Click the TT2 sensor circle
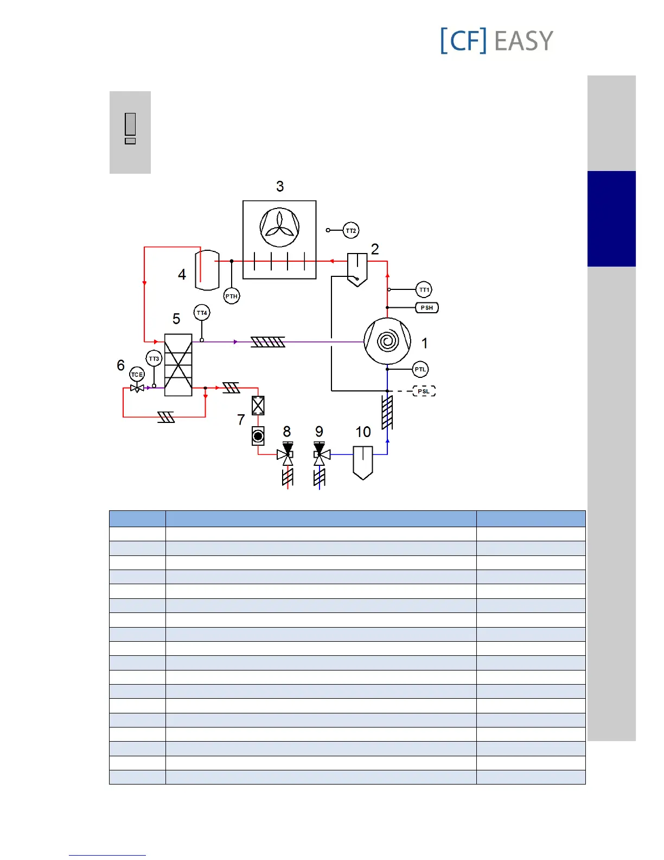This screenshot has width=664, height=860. [x=351, y=231]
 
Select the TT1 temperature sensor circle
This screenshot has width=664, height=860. [x=424, y=290]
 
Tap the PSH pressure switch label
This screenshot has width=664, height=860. [x=427, y=308]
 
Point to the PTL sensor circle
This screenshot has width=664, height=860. [x=420, y=370]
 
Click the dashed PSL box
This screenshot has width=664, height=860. [x=424, y=391]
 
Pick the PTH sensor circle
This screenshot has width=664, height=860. [x=232, y=296]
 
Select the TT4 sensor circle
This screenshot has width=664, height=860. [x=202, y=313]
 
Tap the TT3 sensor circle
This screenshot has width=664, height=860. [x=154, y=359]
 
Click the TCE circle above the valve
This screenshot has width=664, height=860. [x=137, y=375]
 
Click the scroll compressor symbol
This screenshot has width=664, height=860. [x=387, y=341]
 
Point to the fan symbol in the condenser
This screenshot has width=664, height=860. [x=279, y=227]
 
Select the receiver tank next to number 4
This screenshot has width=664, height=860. [x=207, y=270]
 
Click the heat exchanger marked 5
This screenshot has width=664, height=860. [x=178, y=365]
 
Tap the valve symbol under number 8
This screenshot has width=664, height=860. [x=286, y=454]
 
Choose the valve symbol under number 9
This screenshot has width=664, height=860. [x=320, y=454]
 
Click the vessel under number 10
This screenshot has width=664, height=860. [x=363, y=462]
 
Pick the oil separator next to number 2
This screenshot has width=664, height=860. [x=357, y=269]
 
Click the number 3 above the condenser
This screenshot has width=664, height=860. [x=280, y=187]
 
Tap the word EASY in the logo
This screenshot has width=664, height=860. [x=523, y=41]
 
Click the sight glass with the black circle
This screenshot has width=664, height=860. [x=258, y=436]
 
